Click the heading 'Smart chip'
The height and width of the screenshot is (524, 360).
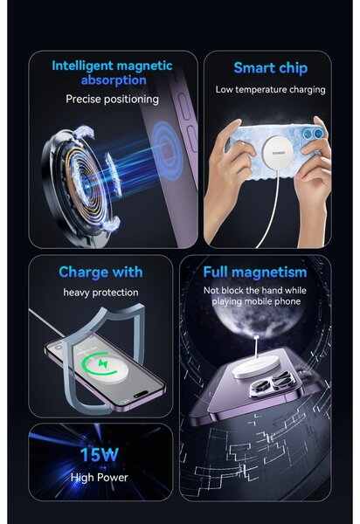[x=270, y=68]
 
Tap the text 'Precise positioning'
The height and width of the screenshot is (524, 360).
[x=112, y=100]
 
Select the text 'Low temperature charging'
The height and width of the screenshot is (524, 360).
[x=270, y=89]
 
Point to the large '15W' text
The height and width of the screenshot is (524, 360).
[x=100, y=455]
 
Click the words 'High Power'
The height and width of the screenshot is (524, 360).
[x=100, y=477]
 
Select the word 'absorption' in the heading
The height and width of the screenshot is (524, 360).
[x=113, y=80]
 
